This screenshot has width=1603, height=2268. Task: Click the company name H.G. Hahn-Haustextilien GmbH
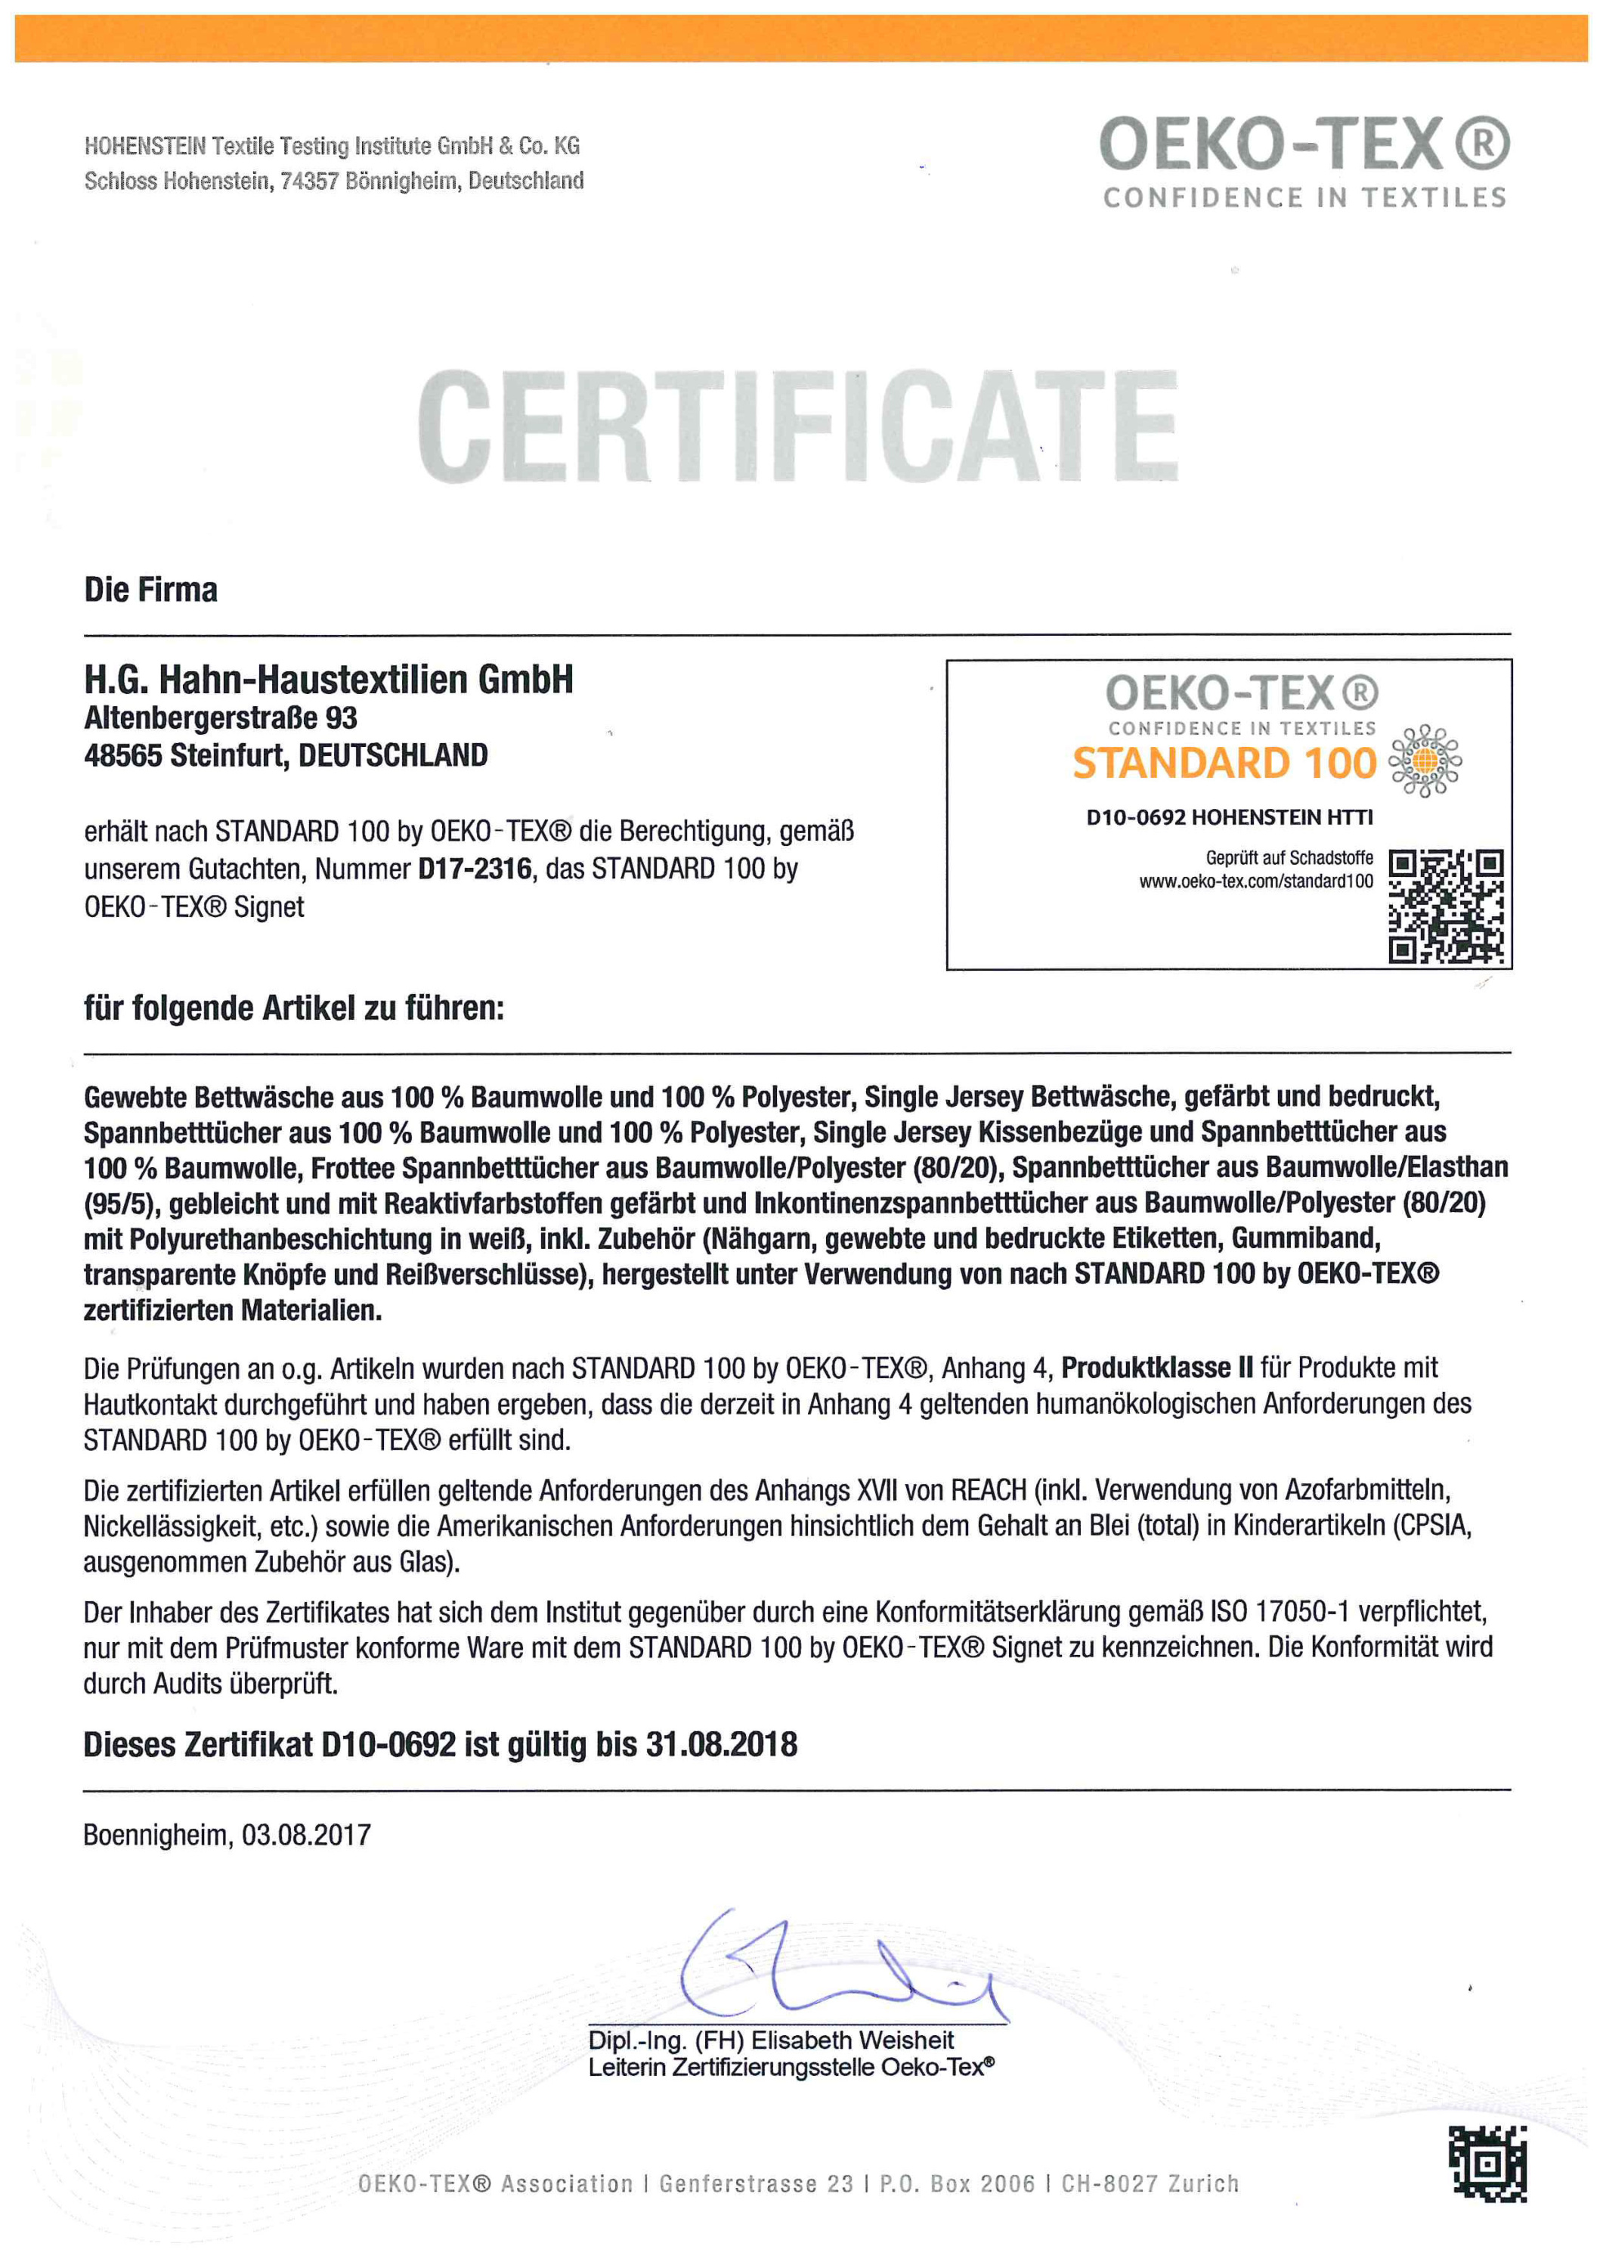coord(328,680)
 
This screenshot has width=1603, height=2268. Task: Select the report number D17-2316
coord(475,869)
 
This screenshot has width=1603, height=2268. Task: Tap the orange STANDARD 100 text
coord(1224,764)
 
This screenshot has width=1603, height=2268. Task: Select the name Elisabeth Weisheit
coord(853,2040)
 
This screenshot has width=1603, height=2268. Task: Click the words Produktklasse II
coord(1156,1368)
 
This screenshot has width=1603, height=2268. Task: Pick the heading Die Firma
coord(151,590)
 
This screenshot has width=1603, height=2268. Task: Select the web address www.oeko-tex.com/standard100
coord(1255,881)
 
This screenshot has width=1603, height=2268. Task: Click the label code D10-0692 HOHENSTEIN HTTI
coord(1229,817)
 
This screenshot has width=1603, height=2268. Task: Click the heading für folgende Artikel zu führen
coord(293,1009)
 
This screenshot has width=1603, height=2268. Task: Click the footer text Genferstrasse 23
coord(756,2184)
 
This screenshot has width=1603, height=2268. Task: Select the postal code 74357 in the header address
coord(309,181)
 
